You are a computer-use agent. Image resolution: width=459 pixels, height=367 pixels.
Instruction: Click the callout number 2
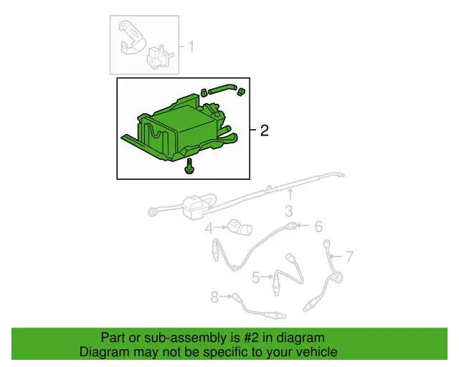click(x=264, y=130)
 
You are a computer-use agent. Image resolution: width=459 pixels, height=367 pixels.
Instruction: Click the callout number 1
click(x=191, y=47)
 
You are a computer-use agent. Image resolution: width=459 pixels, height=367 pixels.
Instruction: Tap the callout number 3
click(x=289, y=211)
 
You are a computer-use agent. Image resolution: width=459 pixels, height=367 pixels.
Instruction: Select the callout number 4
click(x=209, y=229)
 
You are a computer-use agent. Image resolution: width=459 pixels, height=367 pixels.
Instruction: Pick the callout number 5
click(x=255, y=277)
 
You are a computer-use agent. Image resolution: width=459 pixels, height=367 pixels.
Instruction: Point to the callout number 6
click(x=318, y=227)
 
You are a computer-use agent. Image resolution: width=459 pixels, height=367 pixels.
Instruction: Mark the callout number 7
click(x=349, y=256)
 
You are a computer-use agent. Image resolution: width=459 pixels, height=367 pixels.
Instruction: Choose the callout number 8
click(x=214, y=296)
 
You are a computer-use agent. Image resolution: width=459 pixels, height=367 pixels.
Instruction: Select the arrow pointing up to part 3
click(x=289, y=196)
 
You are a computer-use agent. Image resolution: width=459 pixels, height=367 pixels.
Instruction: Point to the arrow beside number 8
click(x=225, y=296)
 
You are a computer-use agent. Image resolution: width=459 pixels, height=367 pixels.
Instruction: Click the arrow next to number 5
click(x=266, y=277)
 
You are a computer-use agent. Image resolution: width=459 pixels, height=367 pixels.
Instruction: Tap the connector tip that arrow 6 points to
click(x=291, y=227)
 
